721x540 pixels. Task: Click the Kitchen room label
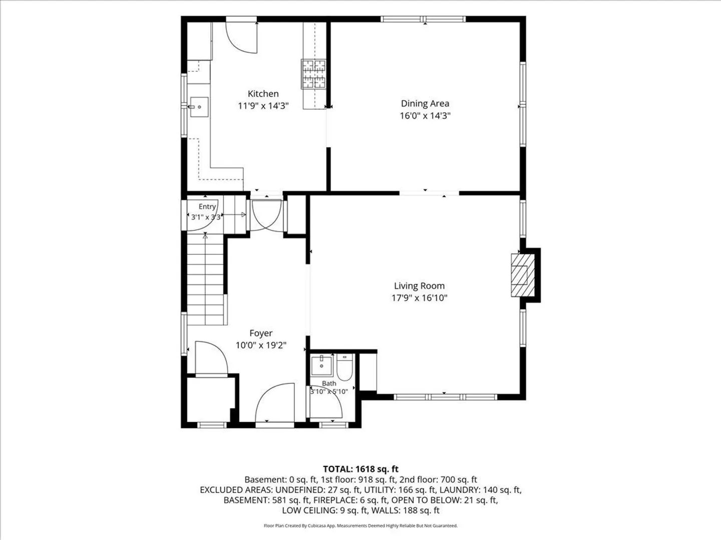coord(263,94)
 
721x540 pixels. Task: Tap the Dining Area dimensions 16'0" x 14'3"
coord(425,115)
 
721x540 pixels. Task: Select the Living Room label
coord(420,286)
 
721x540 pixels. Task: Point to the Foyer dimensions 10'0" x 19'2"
coord(261,345)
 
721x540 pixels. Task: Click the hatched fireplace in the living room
coord(523,275)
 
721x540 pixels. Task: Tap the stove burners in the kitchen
coord(314,74)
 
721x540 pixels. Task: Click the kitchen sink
coord(199,107)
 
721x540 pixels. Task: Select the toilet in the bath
coord(344,367)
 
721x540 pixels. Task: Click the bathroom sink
coord(321,365)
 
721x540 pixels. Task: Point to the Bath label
coord(329,383)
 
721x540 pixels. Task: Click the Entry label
coord(207,206)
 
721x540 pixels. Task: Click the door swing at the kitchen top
coord(241,37)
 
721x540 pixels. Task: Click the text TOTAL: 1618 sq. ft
coord(360,469)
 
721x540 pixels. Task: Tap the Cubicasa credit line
coord(360,525)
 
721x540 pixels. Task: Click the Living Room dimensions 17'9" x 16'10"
coord(420,298)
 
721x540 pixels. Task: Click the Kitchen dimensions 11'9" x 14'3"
coord(263,106)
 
